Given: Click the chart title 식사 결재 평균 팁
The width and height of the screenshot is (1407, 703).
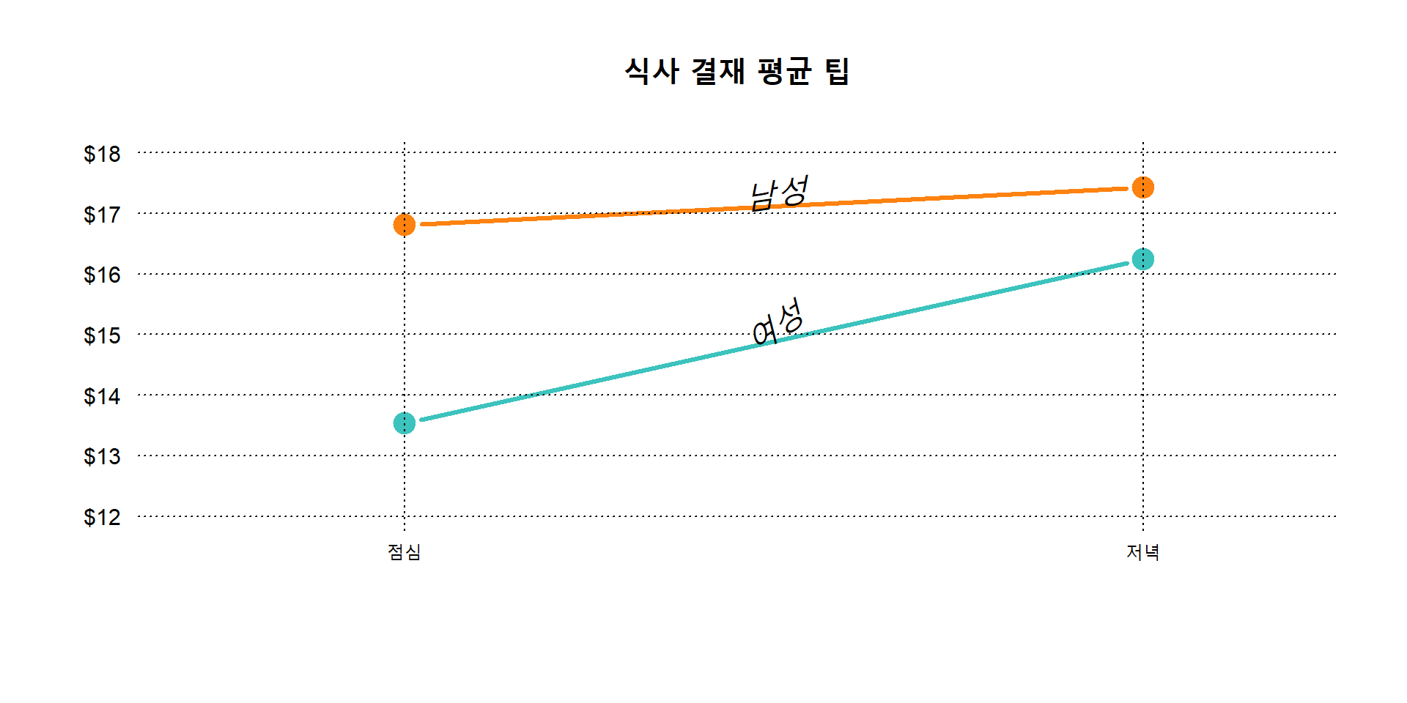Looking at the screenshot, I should (736, 72).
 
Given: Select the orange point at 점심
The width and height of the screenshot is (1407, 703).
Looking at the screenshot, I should (405, 225).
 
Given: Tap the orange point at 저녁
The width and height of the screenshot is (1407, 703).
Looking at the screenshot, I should (1142, 188).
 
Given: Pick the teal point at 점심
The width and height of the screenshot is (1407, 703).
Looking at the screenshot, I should (405, 423).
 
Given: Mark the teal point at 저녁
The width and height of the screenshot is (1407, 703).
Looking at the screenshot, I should (1142, 259).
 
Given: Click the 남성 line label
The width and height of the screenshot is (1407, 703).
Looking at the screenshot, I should (780, 193).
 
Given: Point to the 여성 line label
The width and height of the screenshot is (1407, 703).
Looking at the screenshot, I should (778, 321).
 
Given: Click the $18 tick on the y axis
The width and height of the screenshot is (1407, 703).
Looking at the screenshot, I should (102, 154).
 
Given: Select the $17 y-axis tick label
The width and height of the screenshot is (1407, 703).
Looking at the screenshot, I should (102, 215).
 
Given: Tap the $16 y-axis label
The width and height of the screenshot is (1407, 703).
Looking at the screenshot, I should (102, 275).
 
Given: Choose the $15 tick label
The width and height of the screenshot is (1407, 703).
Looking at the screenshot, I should (102, 335).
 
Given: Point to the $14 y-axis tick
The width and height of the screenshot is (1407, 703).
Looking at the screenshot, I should (102, 396).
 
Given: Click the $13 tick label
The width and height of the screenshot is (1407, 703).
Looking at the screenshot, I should (102, 456).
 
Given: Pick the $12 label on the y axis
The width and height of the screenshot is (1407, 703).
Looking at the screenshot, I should (102, 517).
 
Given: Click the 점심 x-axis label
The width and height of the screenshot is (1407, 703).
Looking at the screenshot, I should (405, 552).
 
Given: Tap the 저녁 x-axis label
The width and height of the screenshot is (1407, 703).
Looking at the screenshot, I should (1142, 552).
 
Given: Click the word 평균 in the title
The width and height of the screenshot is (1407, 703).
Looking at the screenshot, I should (784, 72).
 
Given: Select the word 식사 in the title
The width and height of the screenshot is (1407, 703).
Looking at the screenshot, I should (651, 72).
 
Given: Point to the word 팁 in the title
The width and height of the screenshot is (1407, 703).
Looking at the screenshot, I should (837, 72).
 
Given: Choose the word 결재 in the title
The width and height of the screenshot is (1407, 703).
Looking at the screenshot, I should (718, 72).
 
